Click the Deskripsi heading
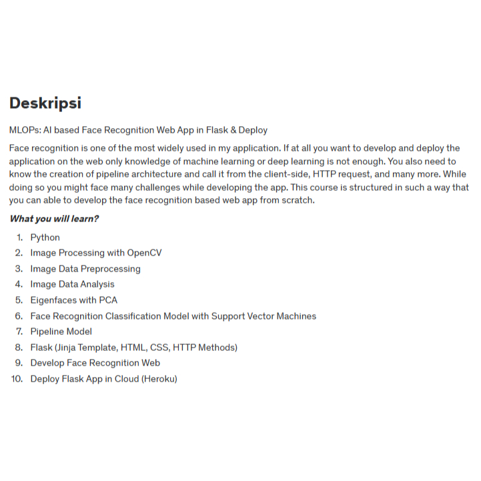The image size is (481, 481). tap(45, 103)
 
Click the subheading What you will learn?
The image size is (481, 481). tap(54, 219)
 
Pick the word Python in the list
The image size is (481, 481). tap(45, 237)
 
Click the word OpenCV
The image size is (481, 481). tap(144, 253)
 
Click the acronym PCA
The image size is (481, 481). tap(108, 300)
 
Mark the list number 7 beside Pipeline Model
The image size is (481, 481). tap(19, 332)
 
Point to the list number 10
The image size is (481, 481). tap(17, 379)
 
